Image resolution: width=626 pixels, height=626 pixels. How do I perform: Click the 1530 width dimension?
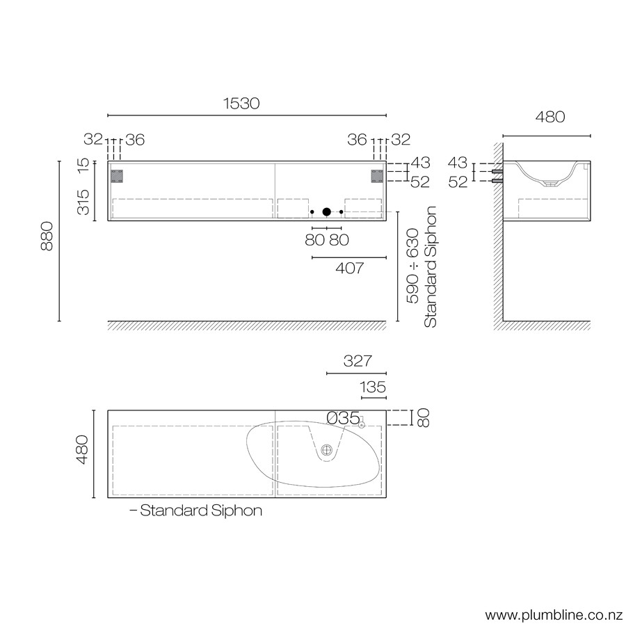click(x=241, y=104)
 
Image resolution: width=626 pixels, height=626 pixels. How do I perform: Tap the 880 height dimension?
click(x=47, y=236)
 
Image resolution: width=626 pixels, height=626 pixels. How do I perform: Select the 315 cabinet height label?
click(x=83, y=202)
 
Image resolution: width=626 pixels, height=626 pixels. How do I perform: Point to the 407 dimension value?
click(x=350, y=268)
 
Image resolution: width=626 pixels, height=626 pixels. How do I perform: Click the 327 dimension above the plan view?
click(x=358, y=361)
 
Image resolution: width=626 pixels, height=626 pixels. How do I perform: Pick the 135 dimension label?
click(x=373, y=387)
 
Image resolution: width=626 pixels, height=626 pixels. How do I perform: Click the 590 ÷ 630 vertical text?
click(x=412, y=266)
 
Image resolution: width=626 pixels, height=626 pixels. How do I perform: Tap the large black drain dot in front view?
click(x=327, y=212)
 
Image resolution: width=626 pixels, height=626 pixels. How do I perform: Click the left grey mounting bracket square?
click(x=117, y=176)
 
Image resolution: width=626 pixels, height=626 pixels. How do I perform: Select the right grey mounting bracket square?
click(x=377, y=176)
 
